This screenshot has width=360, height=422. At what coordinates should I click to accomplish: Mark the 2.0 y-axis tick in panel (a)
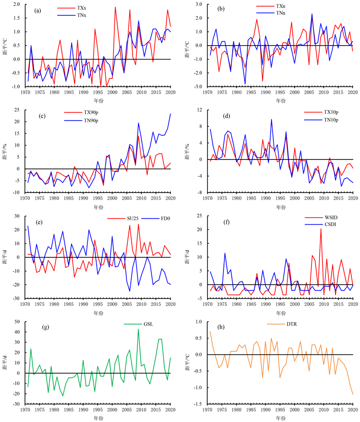pos(16,5)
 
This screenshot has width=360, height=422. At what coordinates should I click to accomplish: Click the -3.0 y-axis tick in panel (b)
pos(197,86)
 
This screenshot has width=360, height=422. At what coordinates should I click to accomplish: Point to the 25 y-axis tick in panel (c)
pos(18,110)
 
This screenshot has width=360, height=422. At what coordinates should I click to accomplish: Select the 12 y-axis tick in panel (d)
pos(199,110)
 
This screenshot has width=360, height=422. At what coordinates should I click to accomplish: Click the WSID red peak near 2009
pos(321,229)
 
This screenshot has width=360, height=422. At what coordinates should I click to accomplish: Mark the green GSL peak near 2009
pos(138,329)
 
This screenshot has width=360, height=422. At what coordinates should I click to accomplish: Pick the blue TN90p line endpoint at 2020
pos(170,114)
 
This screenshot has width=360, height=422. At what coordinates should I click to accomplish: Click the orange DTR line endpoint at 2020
pos(352,394)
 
